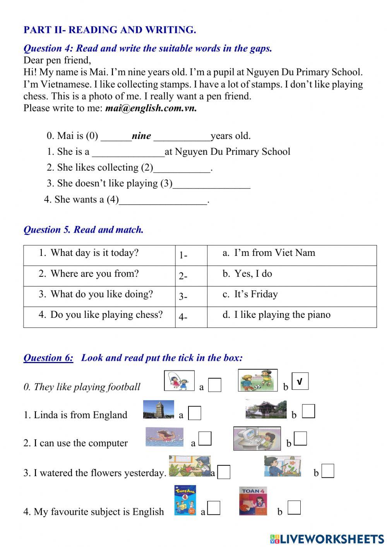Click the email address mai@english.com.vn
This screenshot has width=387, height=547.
(x=151, y=108)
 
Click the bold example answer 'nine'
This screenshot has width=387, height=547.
(x=141, y=136)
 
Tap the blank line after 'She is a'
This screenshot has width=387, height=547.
(x=128, y=153)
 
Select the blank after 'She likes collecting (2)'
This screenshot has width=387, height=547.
(x=182, y=169)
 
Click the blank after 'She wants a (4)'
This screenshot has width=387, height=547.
(x=163, y=201)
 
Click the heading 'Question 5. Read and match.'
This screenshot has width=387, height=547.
(x=84, y=230)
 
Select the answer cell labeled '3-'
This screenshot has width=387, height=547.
(x=191, y=297)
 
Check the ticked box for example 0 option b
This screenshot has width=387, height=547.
(x=300, y=381)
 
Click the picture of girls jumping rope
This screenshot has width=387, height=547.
(x=179, y=381)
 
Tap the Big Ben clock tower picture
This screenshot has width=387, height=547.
(x=158, y=410)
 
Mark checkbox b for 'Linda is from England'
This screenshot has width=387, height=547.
(x=308, y=411)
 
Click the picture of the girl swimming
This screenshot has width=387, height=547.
(x=164, y=437)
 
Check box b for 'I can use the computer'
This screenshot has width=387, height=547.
(x=300, y=439)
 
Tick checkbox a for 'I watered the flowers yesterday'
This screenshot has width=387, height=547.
(x=224, y=472)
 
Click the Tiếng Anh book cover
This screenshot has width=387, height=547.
(x=185, y=500)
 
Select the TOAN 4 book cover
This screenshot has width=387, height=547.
(x=253, y=501)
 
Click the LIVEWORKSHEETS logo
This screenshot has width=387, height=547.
(x=327, y=538)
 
